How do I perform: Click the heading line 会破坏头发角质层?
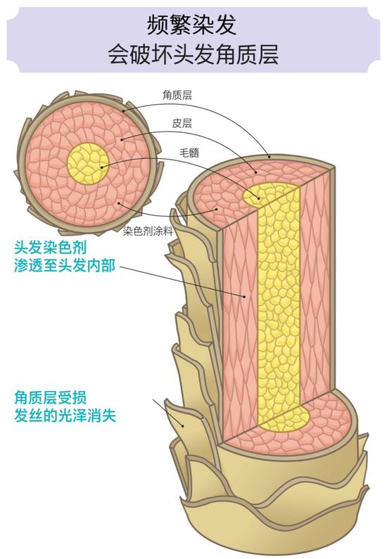click(193, 55)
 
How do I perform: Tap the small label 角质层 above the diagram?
click(177, 95)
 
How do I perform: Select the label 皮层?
click(182, 123)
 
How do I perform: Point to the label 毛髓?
click(189, 153)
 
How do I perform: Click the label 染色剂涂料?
click(148, 231)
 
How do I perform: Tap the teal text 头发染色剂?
click(50, 248)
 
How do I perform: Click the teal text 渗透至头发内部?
click(65, 265)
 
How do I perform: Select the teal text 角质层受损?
click(50, 398)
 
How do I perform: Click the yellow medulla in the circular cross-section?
click(88, 164)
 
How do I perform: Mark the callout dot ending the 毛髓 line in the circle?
click(101, 167)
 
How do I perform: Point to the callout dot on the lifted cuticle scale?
click(183, 425)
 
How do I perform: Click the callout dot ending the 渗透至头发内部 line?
click(245, 296)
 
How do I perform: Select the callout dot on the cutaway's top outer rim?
click(269, 157)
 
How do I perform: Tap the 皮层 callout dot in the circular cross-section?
click(122, 139)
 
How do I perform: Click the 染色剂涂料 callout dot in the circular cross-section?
click(119, 203)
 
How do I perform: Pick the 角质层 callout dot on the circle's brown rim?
click(123, 111)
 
